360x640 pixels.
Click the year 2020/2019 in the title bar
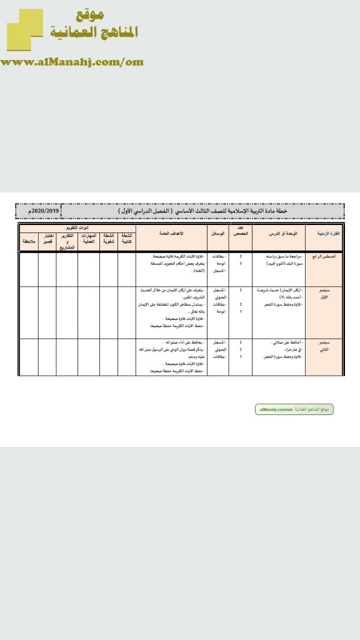coord(39,211)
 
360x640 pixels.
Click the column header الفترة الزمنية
coord(329,233)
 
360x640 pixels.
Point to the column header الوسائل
coord(218,233)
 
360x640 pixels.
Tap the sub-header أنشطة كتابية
coord(127,237)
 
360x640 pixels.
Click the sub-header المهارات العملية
coord(88,237)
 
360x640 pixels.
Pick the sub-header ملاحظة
coord(29,240)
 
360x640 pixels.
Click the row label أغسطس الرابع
coord(329,256)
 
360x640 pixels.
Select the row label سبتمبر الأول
coord(329,294)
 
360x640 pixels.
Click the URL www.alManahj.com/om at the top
coord(72,62)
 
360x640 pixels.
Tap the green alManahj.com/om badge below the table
coord(294,409)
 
